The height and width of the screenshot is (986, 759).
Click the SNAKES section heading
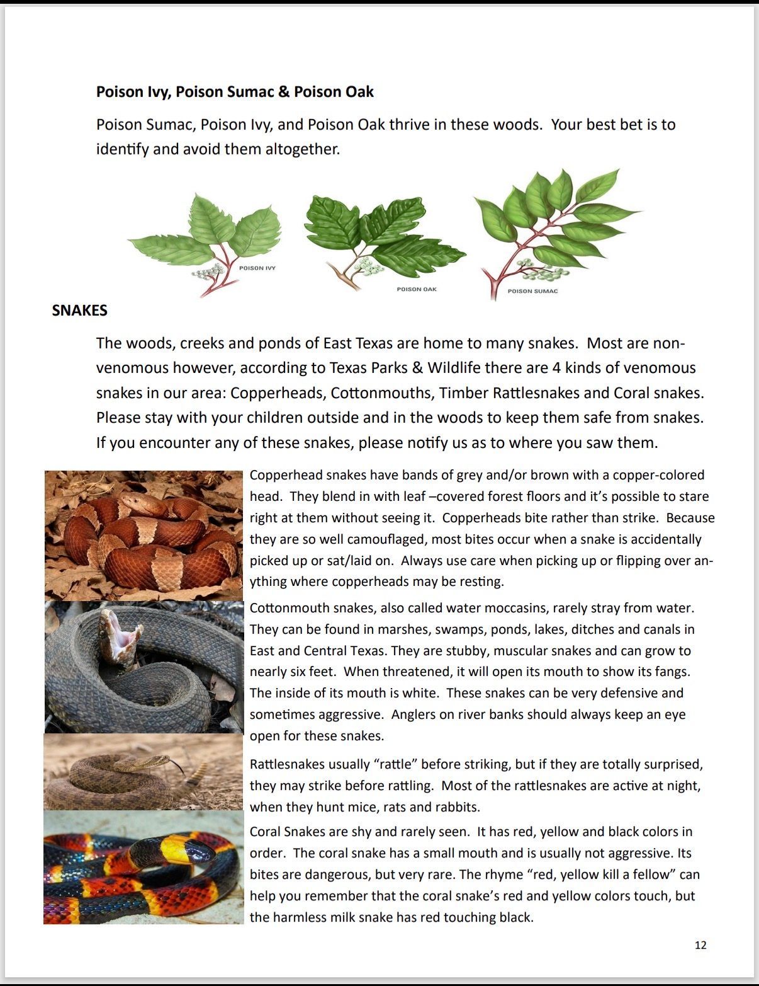point(79,310)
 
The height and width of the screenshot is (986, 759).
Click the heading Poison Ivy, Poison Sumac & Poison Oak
point(235,92)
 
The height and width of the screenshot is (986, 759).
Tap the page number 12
point(700,945)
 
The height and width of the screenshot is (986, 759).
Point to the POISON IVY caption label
point(257,268)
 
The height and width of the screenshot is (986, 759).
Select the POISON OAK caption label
point(417,289)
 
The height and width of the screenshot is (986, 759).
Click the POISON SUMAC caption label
point(532,291)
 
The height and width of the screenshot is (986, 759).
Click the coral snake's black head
point(201,852)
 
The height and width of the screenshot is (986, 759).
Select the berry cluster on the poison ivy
point(208,272)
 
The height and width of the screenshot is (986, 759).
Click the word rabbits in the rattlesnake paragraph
point(459,807)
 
